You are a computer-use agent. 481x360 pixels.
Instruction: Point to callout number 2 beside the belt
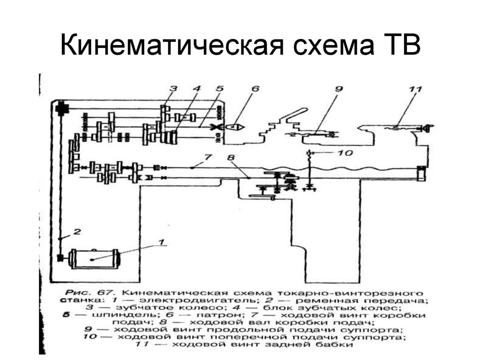[78, 231]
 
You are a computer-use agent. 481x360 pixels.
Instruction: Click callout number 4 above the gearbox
[197, 88]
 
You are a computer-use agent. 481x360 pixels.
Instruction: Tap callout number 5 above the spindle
[219, 88]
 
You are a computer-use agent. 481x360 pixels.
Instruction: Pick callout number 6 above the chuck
[256, 88]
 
